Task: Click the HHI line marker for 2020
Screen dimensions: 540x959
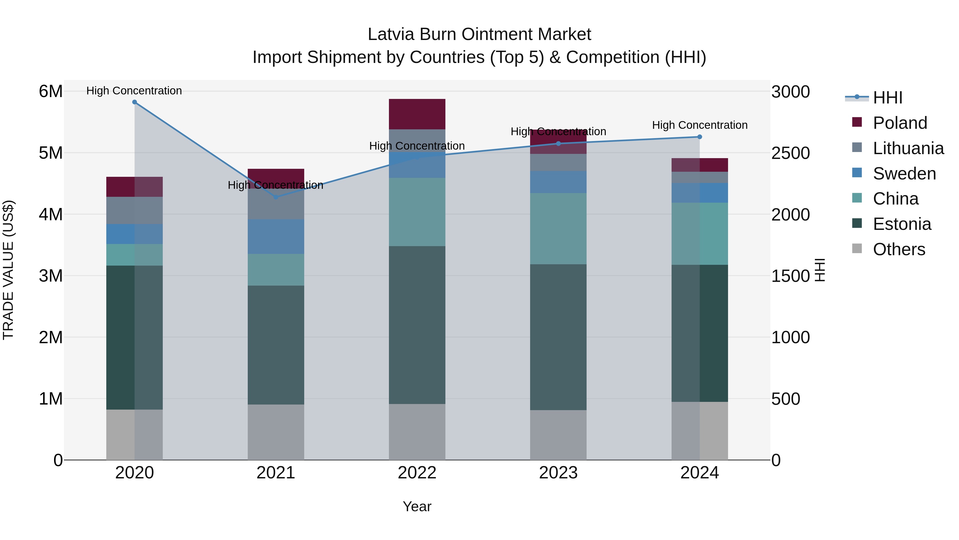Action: point(135,102)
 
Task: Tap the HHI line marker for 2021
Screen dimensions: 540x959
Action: point(276,197)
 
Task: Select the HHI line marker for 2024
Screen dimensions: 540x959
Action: point(700,137)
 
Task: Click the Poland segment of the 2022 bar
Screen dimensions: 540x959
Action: point(417,114)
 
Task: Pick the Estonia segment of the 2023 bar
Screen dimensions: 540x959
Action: point(558,337)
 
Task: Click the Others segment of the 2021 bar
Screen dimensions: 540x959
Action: point(276,432)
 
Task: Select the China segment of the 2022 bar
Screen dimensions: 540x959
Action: point(417,212)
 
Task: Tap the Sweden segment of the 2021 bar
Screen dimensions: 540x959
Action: point(276,237)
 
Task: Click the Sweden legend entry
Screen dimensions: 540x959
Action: point(904,174)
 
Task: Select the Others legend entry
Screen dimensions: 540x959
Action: point(899,249)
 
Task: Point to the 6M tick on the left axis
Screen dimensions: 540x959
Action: point(51,91)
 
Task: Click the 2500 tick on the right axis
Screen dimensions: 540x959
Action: point(790,153)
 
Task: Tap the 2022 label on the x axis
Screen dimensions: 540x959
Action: point(417,473)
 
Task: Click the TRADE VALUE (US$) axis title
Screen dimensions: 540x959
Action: point(9,270)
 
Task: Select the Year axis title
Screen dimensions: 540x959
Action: point(417,506)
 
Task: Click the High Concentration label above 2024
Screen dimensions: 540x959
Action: point(700,125)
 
